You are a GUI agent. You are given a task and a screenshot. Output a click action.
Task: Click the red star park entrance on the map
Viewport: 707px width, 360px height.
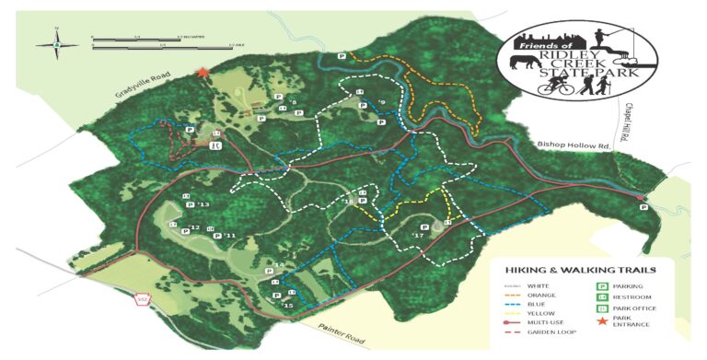tap(203, 72)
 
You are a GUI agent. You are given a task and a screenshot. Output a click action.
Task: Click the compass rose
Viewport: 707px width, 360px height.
tap(55, 43)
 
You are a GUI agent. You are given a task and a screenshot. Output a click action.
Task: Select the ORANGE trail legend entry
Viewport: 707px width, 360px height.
tap(538, 296)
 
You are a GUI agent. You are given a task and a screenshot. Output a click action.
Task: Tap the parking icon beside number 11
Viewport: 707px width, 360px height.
tap(217, 236)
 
